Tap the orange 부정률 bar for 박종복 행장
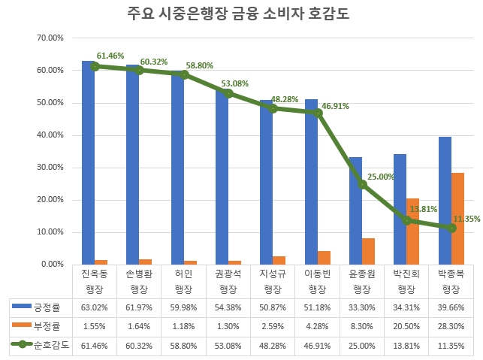pyautogui.click(x=457, y=219)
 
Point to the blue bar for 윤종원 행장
pyautogui.click(x=356, y=210)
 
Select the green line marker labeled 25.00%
pyautogui.click(x=363, y=183)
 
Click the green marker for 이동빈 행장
pyautogui.click(x=318, y=113)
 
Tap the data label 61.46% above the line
pyautogui.click(x=110, y=56)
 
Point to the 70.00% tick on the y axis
pyautogui.click(x=50, y=38)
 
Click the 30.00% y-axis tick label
pyautogui.click(x=50, y=168)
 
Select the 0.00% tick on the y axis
pyautogui.click(x=52, y=265)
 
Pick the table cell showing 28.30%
pyautogui.click(x=451, y=326)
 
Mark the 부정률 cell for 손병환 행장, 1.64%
pyautogui.click(x=138, y=326)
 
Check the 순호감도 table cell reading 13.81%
pyautogui.click(x=406, y=345)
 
